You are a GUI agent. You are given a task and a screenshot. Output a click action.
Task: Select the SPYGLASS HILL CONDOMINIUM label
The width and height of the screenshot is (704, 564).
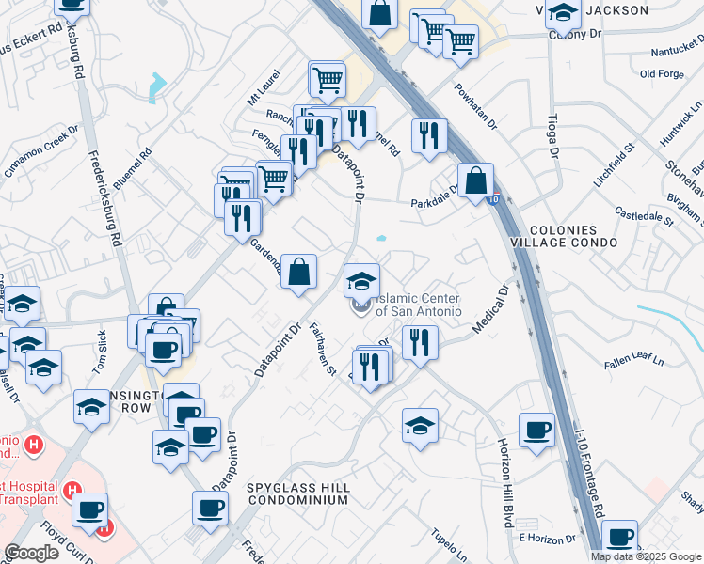click(299, 494)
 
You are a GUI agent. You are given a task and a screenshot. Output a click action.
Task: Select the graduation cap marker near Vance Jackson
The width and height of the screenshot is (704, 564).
click(563, 13)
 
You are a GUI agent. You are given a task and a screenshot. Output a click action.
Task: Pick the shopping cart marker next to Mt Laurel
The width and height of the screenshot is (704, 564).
click(328, 79)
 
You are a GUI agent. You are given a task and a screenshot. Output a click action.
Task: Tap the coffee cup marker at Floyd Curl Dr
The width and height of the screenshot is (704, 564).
click(91, 510)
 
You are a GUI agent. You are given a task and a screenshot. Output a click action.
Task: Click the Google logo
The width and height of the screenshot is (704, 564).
click(31, 553)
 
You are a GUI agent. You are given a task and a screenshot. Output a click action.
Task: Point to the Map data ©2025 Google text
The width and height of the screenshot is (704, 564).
click(646, 556)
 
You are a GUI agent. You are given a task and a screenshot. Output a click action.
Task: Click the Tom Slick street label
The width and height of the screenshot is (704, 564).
click(103, 349)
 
